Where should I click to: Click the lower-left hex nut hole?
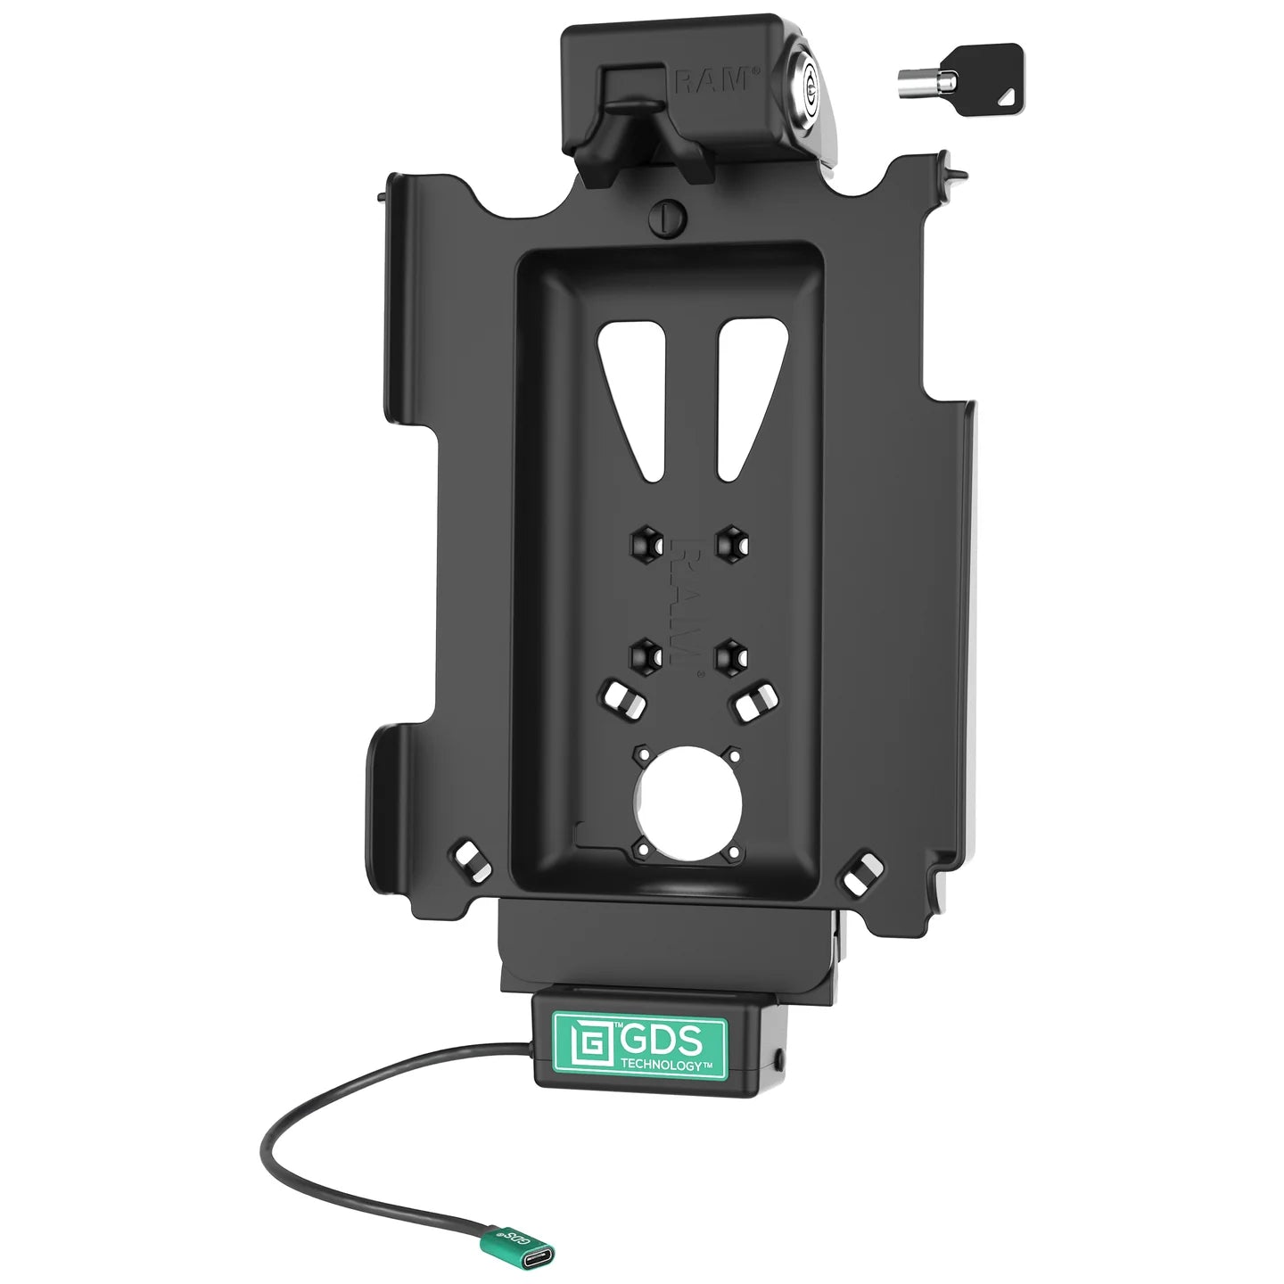[643, 656]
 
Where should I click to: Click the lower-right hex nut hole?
[734, 656]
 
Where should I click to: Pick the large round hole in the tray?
[684, 801]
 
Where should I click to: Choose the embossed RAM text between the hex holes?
[687, 599]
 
